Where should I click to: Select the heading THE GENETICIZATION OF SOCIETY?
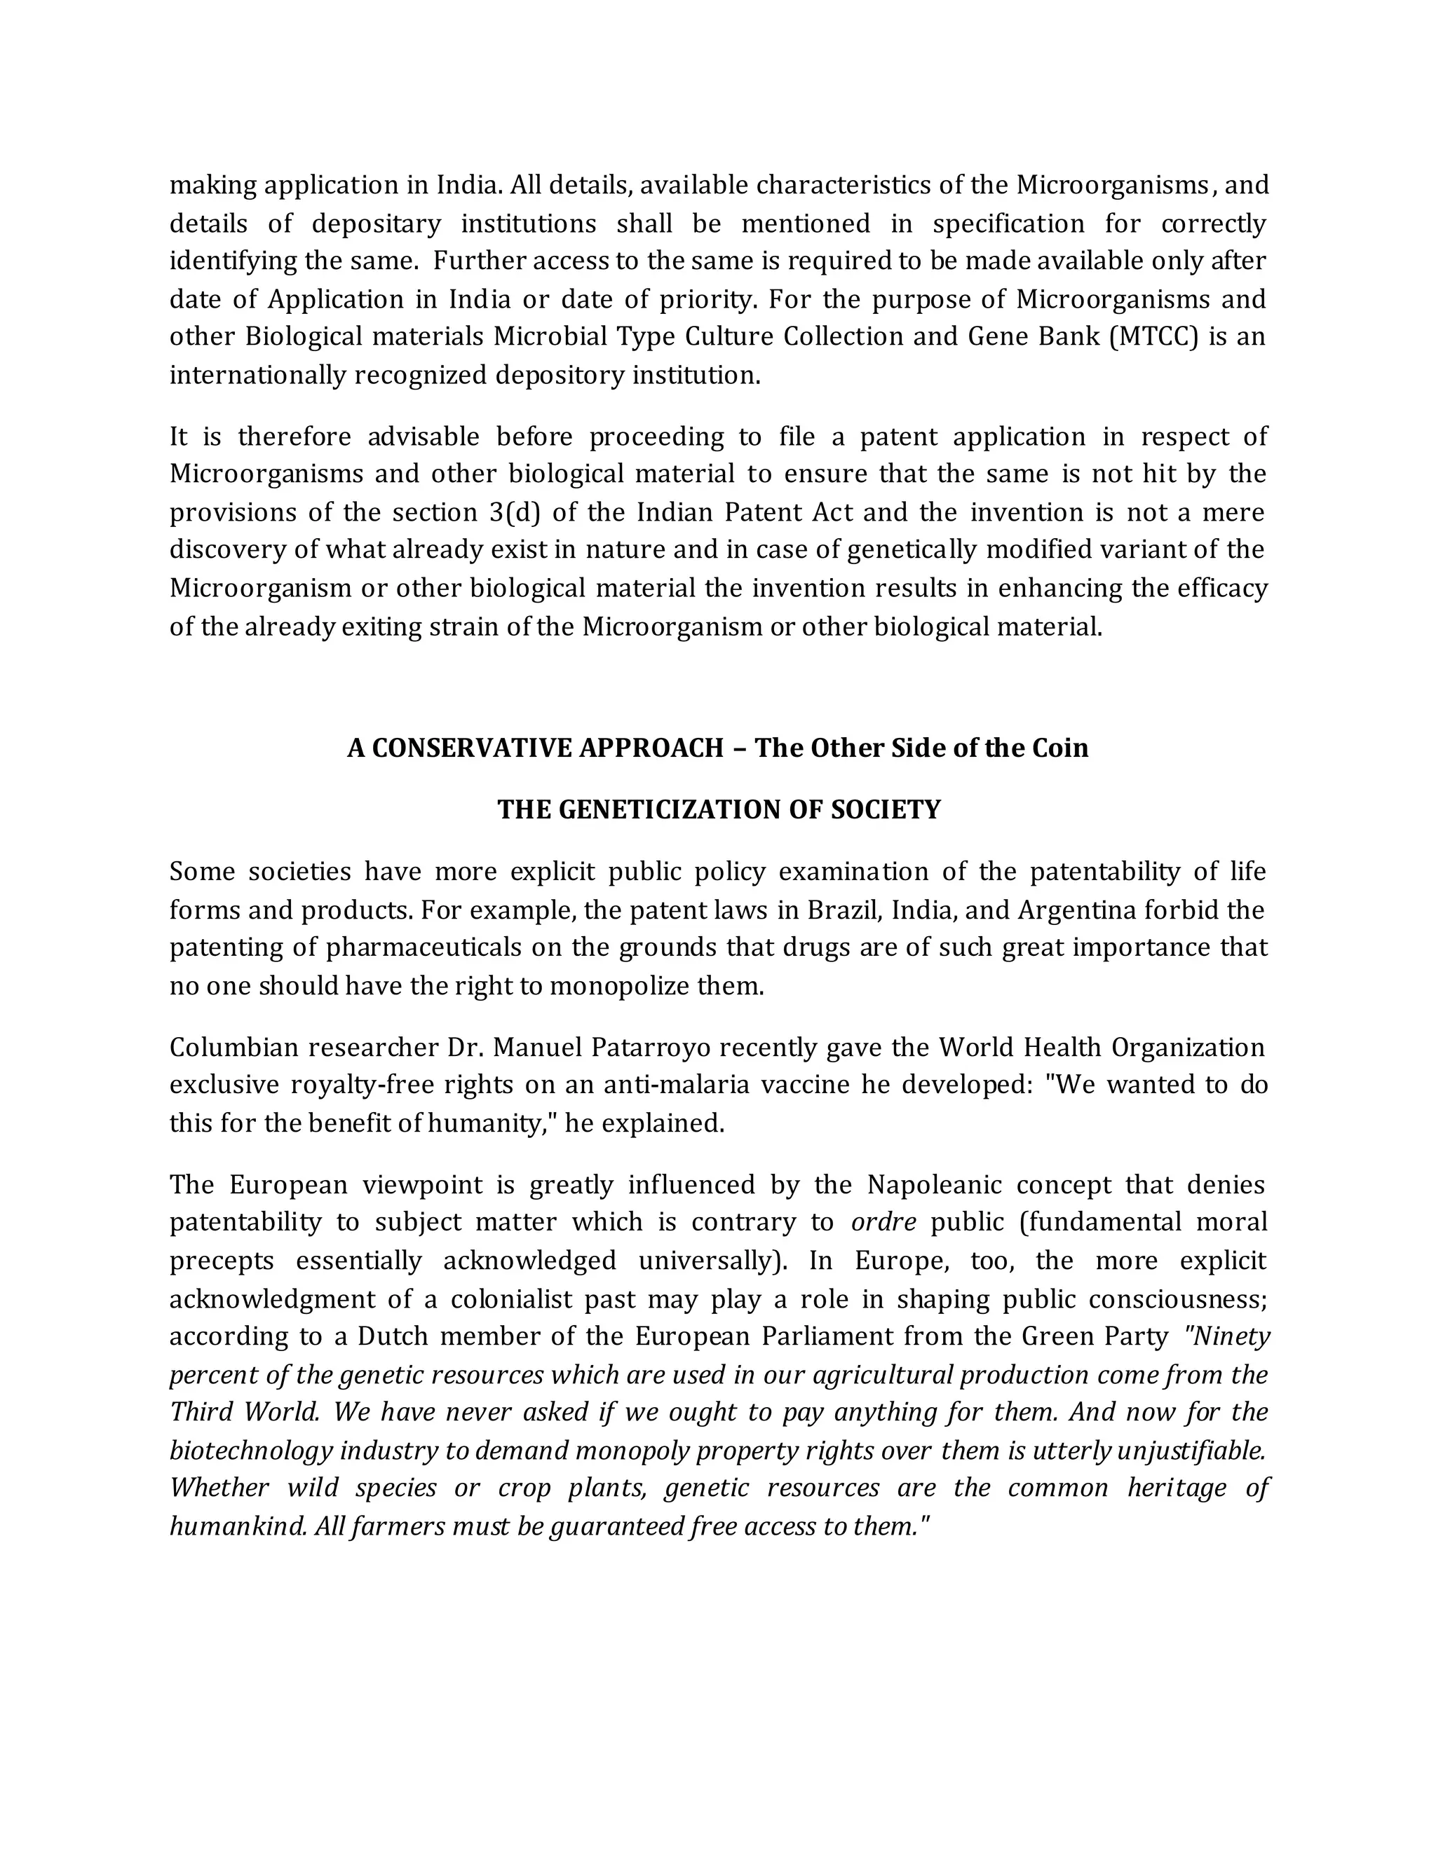click(x=719, y=809)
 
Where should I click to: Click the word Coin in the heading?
click(x=1060, y=748)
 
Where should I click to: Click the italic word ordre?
click(x=883, y=1223)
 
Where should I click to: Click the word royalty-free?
click(x=367, y=1085)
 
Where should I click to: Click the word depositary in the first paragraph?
click(x=377, y=224)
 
